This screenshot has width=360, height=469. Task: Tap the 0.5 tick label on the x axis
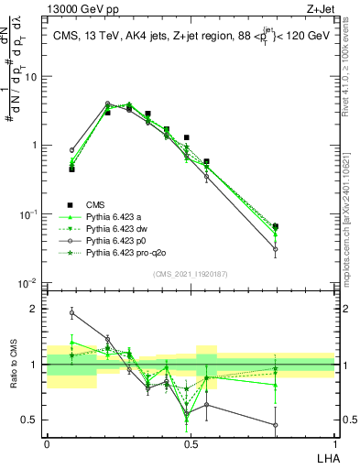click(x=191, y=442)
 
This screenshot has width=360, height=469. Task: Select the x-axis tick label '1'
click(x=334, y=442)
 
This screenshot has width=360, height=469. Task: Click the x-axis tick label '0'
click(x=47, y=442)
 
